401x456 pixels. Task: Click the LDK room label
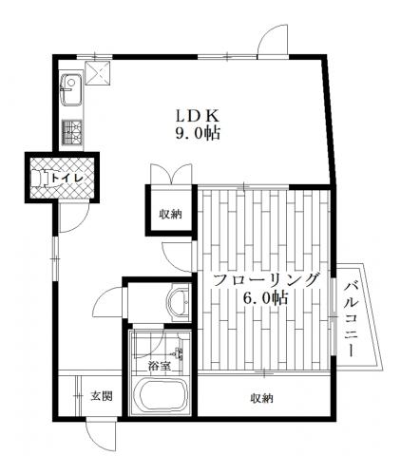[198, 116]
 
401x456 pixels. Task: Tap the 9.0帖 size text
[198, 133]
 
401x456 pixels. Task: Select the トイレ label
[67, 178]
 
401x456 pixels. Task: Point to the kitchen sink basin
[71, 89]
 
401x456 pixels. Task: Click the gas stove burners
[72, 132]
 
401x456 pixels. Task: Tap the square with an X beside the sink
[98, 73]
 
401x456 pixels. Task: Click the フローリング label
[265, 280]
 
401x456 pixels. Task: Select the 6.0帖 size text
[265, 298]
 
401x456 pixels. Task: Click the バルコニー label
[352, 319]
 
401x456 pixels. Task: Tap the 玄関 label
[102, 395]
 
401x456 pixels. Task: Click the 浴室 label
[160, 367]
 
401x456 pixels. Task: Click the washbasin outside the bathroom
[179, 300]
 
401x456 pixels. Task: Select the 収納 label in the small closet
[170, 215]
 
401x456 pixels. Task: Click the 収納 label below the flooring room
[262, 398]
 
